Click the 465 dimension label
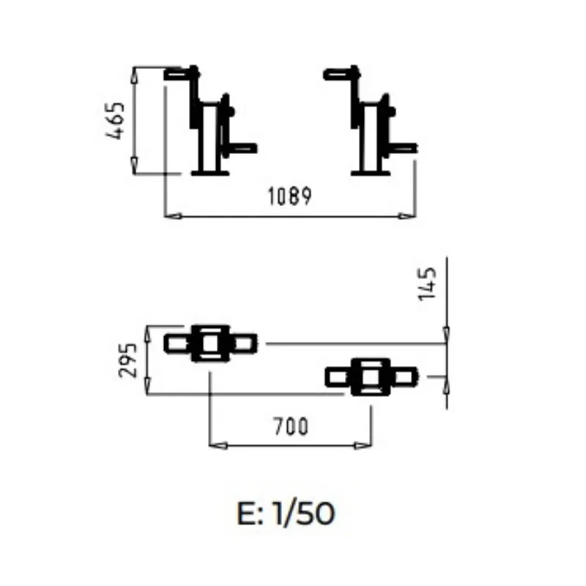pos(115,120)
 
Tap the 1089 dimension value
pos(290,196)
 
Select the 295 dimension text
pos(127,360)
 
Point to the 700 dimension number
pos(291,426)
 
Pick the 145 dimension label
pos(427,284)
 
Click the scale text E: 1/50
pos(286,513)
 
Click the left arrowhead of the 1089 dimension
pos(174,216)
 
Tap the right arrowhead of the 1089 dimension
pos(407,216)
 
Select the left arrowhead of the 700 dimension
pos(218,445)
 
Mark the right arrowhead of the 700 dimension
pos(363,445)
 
